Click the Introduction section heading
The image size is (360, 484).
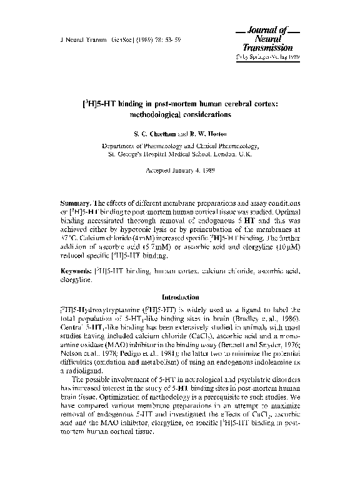(180, 296)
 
